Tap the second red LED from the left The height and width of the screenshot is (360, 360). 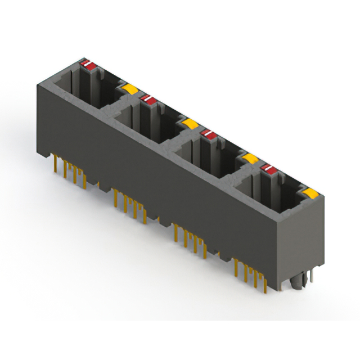pos(148,100)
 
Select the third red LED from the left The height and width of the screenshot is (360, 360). pos(209,134)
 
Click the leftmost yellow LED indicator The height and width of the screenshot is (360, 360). pos(130,88)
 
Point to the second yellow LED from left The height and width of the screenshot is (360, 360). pos(190,123)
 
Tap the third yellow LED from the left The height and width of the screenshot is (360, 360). pos(250,159)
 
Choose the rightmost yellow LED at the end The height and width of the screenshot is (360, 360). pos(310,193)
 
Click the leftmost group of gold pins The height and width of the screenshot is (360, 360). pos(71,172)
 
